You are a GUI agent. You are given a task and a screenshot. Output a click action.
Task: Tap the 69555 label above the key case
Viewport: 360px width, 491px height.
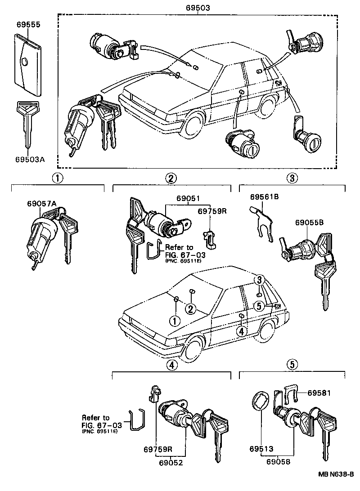(29, 25)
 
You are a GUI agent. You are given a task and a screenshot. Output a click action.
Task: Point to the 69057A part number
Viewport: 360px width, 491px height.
(42, 204)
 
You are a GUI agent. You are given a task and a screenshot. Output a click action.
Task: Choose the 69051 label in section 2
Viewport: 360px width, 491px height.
(188, 198)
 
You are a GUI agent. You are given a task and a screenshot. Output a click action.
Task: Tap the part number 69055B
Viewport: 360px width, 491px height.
(310, 222)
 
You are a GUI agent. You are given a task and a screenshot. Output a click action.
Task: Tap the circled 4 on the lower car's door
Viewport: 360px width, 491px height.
(241, 331)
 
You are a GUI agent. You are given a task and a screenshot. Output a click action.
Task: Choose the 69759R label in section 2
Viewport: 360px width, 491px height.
(212, 211)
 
